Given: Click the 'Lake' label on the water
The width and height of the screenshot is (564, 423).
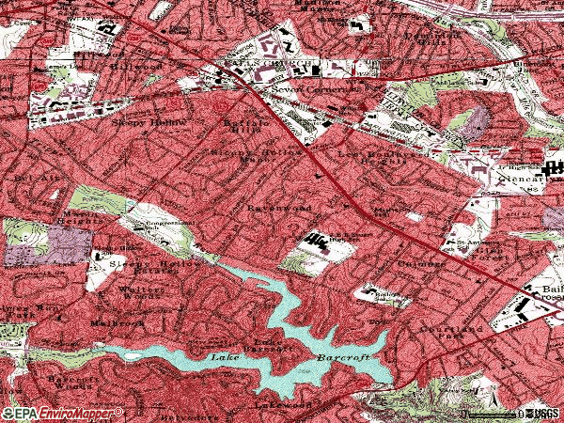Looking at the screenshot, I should click(x=223, y=358).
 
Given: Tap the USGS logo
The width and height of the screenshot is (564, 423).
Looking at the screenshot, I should click(x=541, y=414).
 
